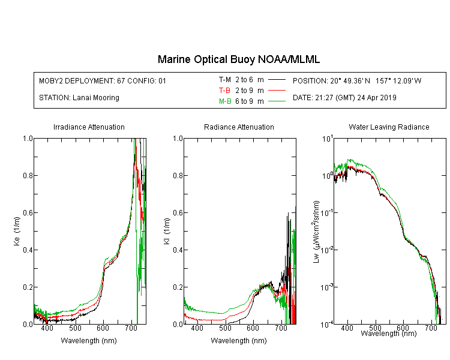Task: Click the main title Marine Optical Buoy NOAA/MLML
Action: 238,59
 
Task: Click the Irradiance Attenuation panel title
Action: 89,127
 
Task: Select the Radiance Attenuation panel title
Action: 239,127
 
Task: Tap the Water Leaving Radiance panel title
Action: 389,127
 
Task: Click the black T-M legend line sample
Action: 277,80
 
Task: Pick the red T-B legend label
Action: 224,91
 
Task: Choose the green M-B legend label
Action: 225,101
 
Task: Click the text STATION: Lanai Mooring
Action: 79,98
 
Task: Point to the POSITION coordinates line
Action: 357,80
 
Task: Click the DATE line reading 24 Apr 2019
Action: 344,98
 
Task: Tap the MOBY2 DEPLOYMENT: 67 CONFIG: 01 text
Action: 103,80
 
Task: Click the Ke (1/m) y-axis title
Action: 17,231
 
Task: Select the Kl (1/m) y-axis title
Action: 167,231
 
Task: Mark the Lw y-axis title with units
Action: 316,232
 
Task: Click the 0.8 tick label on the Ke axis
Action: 28,175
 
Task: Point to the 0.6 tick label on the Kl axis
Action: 178,213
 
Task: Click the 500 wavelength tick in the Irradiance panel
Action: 75,328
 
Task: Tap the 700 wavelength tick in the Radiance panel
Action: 281,328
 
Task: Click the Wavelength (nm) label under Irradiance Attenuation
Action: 89,341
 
